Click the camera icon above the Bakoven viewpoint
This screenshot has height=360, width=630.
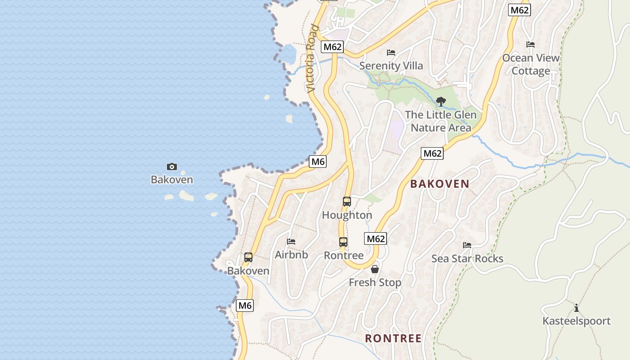point(172,167)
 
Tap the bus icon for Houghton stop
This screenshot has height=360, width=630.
point(346,202)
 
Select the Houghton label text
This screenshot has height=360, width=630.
point(346,215)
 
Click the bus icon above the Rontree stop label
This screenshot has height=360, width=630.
point(343,242)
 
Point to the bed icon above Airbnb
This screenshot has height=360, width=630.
point(291,242)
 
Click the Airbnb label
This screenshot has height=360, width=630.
point(291,255)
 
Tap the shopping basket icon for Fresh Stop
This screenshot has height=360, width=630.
point(375,269)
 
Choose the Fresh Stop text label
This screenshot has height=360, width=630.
point(375,283)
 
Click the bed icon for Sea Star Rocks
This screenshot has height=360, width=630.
point(467,245)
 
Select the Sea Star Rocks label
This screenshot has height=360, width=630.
point(467,259)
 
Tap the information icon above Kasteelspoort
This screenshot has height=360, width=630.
point(576,308)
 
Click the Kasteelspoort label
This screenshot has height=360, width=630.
point(576,321)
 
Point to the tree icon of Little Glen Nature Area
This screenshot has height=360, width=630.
point(441,101)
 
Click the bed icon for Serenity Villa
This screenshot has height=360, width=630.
point(391,53)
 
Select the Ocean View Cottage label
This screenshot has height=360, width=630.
point(531,64)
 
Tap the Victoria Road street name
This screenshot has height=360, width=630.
point(312,58)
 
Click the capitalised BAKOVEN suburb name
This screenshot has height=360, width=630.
point(440,184)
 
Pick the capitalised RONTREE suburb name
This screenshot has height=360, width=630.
point(393,338)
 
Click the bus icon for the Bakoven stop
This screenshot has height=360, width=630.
point(248,257)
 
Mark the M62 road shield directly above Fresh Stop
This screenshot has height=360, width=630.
point(375,238)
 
